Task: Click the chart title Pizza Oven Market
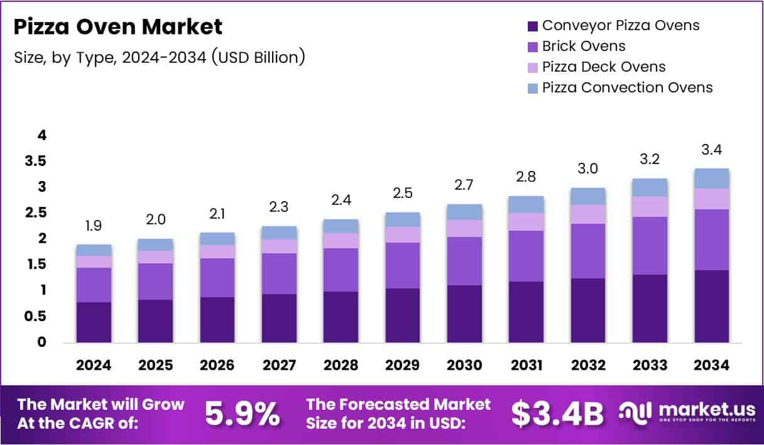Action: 118,27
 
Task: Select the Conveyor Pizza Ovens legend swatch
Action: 533,26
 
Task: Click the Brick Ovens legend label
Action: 584,46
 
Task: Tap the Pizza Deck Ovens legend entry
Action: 603,67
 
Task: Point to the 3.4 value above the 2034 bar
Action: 711,150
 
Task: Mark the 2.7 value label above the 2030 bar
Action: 464,185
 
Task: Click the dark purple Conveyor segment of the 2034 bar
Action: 711,306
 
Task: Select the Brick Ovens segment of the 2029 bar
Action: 403,265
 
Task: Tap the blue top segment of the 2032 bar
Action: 588,196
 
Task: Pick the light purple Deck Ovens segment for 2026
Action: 217,251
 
